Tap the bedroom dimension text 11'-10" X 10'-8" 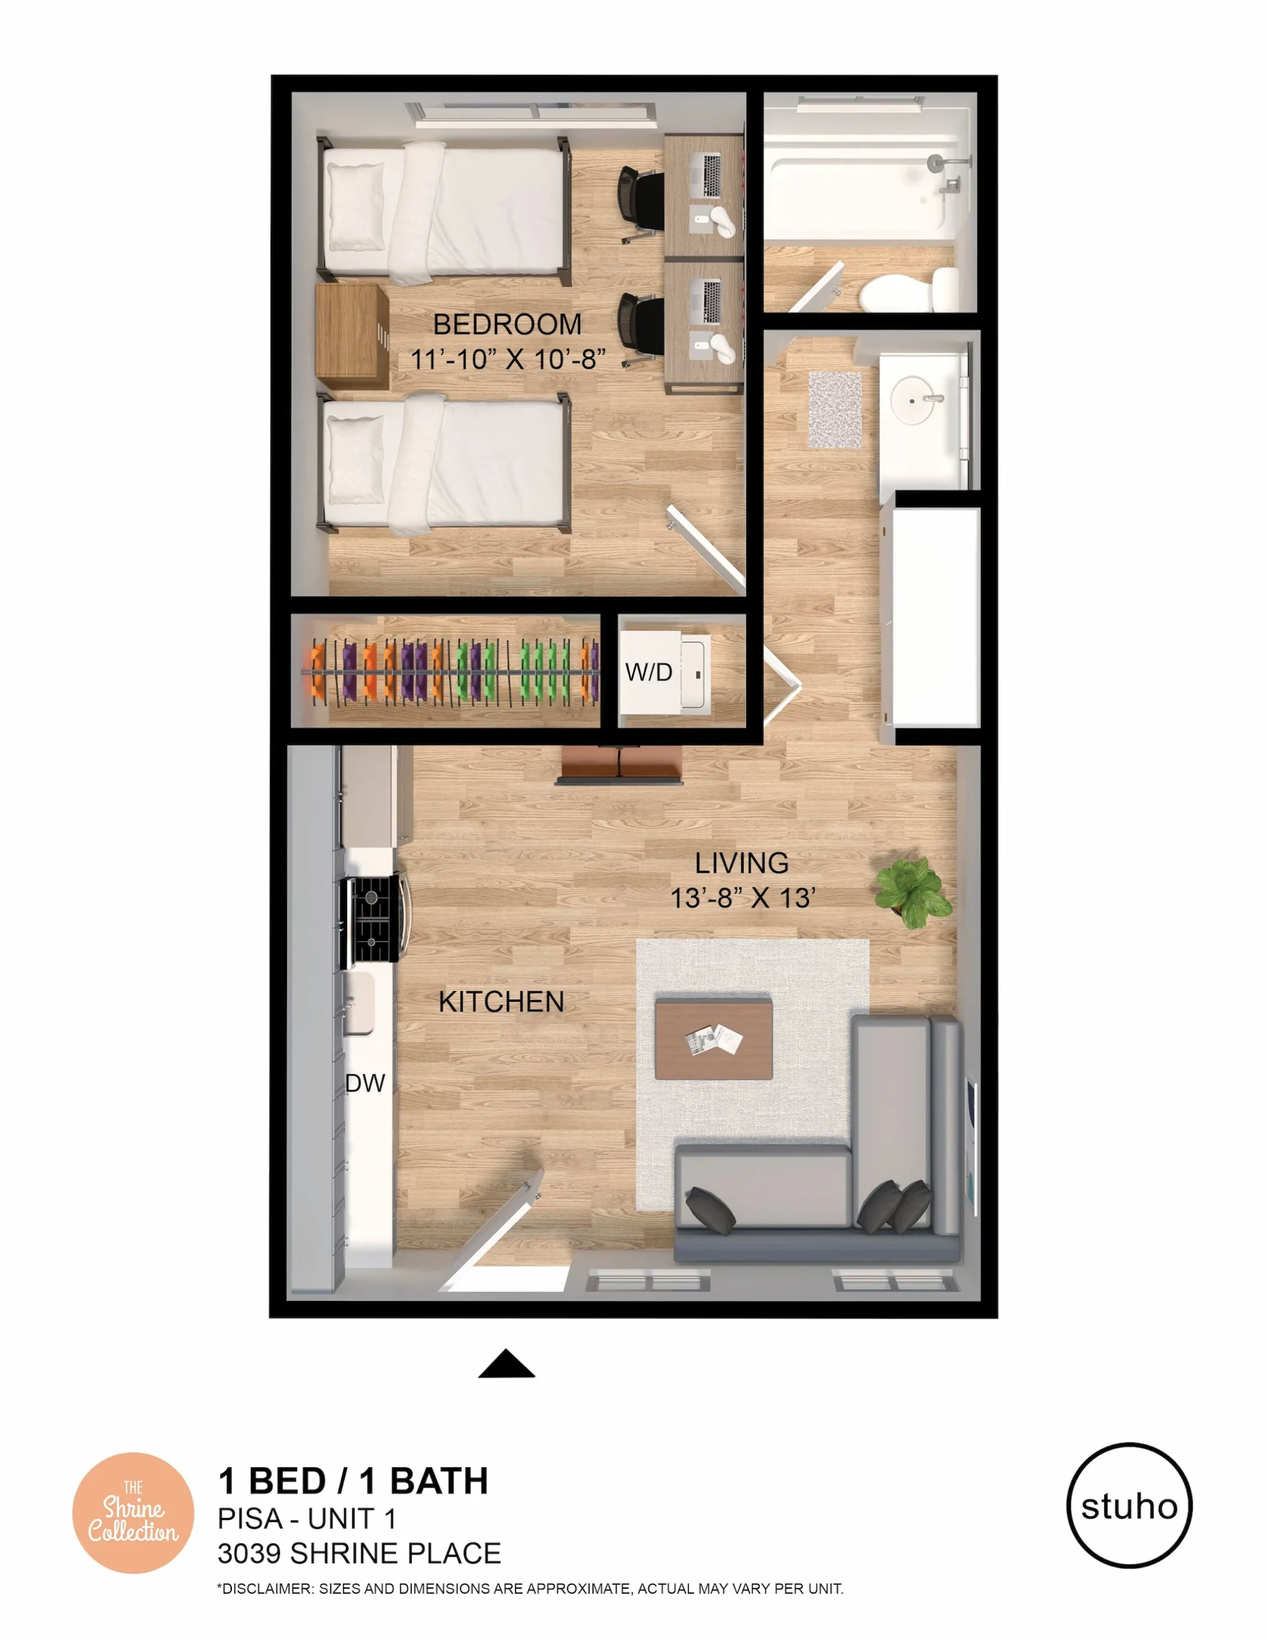[x=508, y=359]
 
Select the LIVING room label [x=741, y=863]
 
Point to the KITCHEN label [x=501, y=1002]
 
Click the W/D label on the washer [x=649, y=672]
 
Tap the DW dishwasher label [x=365, y=1083]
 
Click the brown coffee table [x=714, y=1039]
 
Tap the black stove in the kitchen [x=371, y=920]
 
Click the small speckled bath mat [x=835, y=409]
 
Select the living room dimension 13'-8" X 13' [x=742, y=898]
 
